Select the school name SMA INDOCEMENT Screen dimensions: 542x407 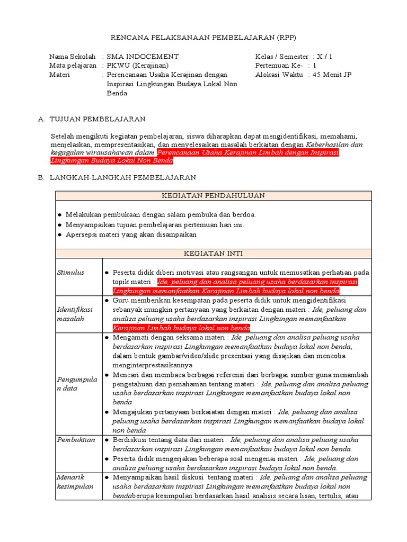pos(143,57)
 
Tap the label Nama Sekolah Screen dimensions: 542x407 pos(72,57)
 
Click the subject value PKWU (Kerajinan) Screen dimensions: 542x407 pos(137,66)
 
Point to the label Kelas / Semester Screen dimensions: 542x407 pos(282,57)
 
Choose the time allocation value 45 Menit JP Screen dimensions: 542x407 pos(333,75)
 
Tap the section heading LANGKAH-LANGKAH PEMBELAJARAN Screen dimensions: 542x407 pos(122,177)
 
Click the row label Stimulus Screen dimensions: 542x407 pos(70,272)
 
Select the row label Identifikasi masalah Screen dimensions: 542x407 pos(74,314)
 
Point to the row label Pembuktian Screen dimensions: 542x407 pos(76,440)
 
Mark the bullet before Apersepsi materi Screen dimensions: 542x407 pos(59,234)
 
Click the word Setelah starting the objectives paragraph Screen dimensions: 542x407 pos(62,135)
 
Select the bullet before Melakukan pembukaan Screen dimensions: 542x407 pos(59,215)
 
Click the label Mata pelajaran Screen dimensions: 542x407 pos(73,66)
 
